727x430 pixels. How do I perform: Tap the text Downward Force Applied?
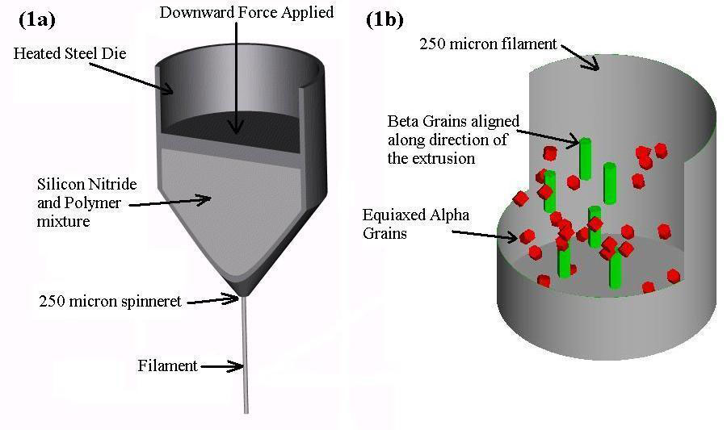coord(246,13)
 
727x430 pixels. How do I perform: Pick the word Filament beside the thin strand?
coord(168,366)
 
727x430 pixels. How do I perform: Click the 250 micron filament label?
coord(488,44)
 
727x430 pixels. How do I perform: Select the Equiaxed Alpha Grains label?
coord(415,224)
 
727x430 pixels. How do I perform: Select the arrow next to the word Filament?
coord(221,367)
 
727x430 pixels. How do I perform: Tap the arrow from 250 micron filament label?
coord(581,56)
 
